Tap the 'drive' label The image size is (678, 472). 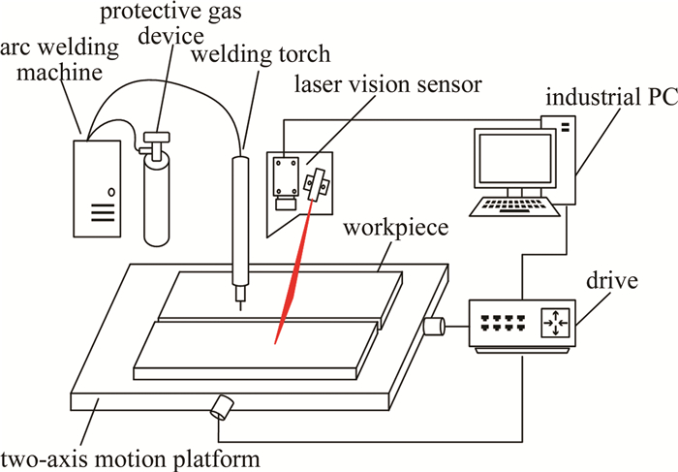(x=618, y=282)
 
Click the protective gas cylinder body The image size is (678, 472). (x=159, y=204)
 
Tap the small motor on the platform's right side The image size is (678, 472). (x=434, y=326)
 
